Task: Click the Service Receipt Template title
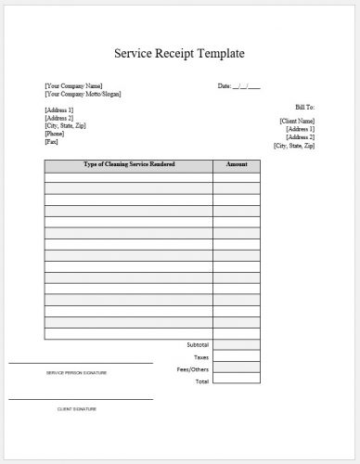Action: (x=179, y=53)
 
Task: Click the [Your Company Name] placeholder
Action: (x=73, y=86)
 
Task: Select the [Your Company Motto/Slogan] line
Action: (x=83, y=94)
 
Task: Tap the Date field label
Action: (x=225, y=86)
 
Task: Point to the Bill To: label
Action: (x=303, y=108)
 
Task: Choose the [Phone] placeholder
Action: (x=55, y=133)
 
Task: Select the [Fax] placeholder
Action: (x=52, y=141)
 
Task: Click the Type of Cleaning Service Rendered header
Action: (x=129, y=164)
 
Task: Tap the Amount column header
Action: (x=236, y=164)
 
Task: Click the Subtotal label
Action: (x=198, y=344)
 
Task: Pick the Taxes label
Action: (x=201, y=356)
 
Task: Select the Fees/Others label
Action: (x=196, y=368)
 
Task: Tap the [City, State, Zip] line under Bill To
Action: (x=294, y=146)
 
